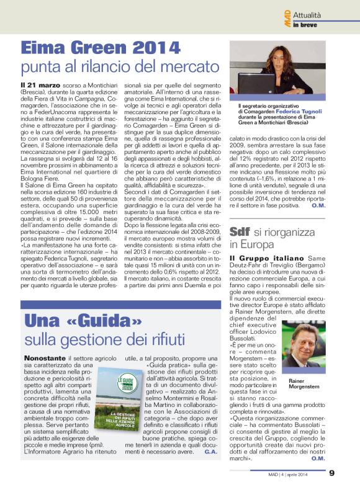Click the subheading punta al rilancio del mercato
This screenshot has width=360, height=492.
pos(120,66)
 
